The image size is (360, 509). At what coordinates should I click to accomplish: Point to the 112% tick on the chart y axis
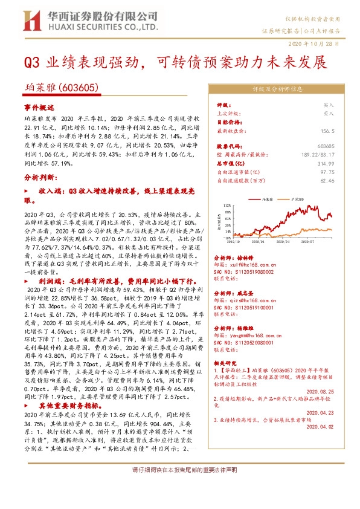[x=227, y=206]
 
